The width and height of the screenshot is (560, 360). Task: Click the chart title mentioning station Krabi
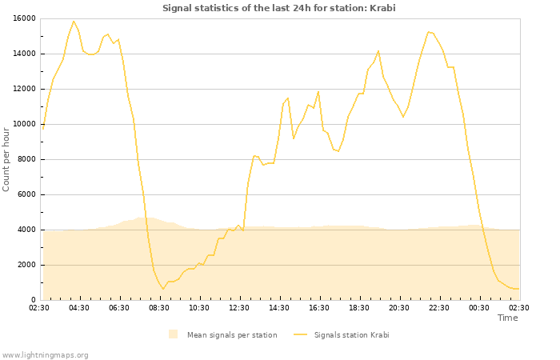tap(279, 9)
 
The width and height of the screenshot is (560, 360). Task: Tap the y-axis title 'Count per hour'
tap(7, 159)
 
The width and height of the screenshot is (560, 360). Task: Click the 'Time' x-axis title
tap(507, 318)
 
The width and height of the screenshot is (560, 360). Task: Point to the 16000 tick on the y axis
tap(24, 18)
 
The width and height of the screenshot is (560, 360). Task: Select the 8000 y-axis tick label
tap(26, 159)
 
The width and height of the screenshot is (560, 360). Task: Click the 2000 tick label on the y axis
tap(26, 265)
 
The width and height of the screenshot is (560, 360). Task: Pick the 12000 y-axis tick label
tap(24, 89)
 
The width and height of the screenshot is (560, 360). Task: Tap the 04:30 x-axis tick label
tap(79, 307)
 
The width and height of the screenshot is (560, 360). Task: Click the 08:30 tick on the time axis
tap(159, 307)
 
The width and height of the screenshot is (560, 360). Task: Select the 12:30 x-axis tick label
tap(239, 307)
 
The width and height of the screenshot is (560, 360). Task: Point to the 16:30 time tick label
tap(319, 307)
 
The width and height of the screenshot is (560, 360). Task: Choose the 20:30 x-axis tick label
tap(399, 307)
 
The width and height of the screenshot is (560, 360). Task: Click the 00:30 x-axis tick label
tap(479, 307)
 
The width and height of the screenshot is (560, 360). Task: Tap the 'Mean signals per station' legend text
tap(232, 334)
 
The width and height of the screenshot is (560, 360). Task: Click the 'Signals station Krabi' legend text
tap(351, 334)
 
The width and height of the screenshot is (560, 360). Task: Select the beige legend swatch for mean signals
tap(174, 334)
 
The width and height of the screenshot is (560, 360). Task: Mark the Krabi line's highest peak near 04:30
tap(74, 22)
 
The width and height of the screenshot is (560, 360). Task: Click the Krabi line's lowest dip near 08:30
tap(163, 289)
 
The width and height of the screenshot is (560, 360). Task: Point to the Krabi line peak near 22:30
tap(429, 32)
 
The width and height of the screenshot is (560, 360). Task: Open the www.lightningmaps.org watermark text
tap(46, 354)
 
